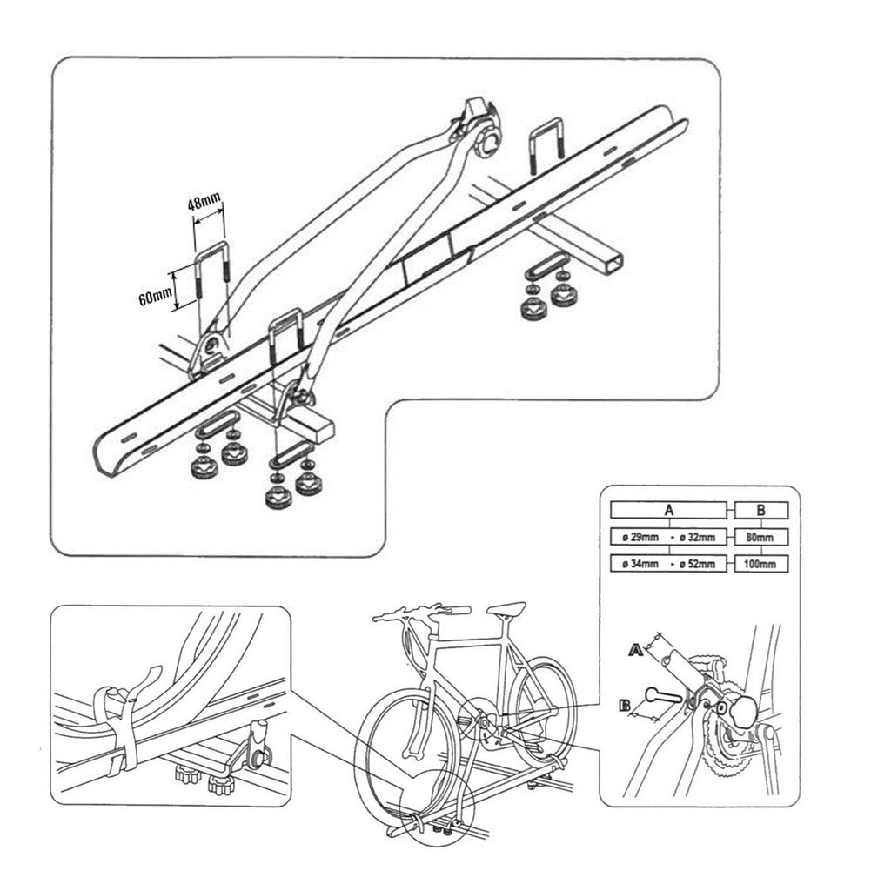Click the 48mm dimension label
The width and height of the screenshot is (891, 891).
pos(204,202)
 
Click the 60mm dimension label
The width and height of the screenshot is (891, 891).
pos(155,297)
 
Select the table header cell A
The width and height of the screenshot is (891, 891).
pos(669,510)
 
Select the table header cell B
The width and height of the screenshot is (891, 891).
pos(760,510)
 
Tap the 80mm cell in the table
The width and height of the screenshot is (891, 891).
pos(760,537)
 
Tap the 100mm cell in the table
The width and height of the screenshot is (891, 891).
pos(760,564)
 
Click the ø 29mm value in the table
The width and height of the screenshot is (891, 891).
pos(640,537)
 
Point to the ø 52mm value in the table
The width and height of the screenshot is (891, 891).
pos(697,564)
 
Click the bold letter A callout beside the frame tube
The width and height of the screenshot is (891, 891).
pos(636,649)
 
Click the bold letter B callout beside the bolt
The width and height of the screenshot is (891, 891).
pos(625,707)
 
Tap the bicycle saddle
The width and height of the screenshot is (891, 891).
pos(506,608)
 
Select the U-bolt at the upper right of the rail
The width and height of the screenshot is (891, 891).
pos(546,145)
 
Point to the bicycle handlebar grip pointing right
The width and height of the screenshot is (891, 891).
pos(454,612)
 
